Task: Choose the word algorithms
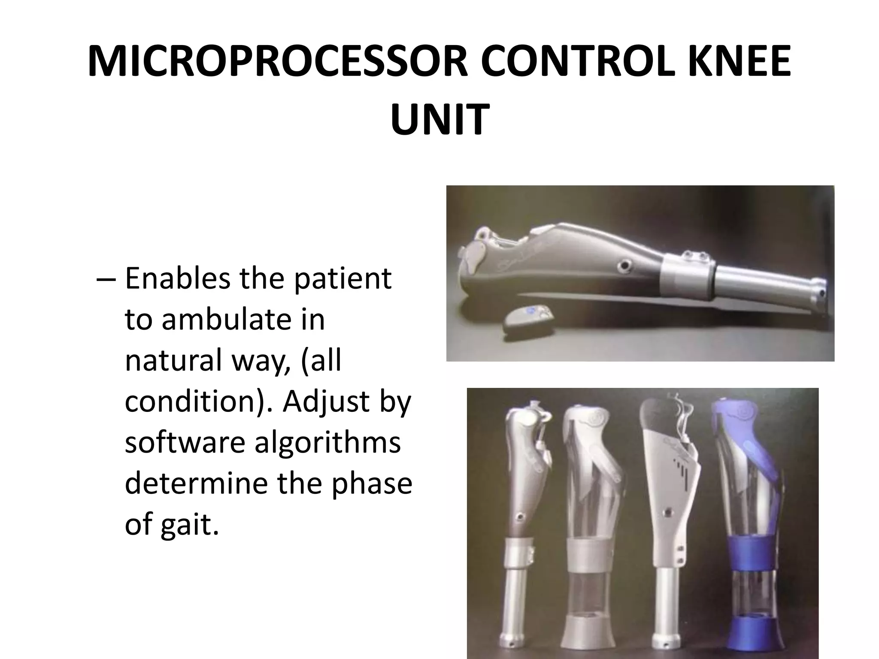tap(327, 443)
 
